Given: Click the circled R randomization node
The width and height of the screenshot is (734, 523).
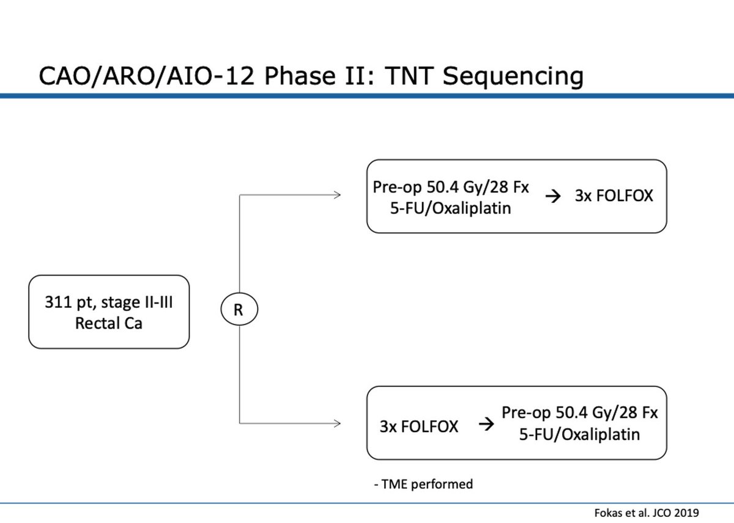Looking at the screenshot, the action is pos(239,309).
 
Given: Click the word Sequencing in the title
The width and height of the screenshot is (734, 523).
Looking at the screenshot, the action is pos(513,77).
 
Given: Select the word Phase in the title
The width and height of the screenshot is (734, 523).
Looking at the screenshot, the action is pos(300,76).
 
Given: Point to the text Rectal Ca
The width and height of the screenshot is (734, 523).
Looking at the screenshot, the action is pos(109,323).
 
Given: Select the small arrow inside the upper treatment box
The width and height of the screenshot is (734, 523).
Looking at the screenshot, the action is pos(553,196).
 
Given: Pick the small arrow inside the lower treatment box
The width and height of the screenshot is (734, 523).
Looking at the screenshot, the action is pos(486,425).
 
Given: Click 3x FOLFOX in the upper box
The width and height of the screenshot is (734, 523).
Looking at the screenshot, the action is pos(614,196).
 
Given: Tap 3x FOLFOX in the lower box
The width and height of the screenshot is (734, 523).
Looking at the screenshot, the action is pos(419,426).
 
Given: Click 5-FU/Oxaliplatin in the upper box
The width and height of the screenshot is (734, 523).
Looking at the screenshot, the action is pos(450,208).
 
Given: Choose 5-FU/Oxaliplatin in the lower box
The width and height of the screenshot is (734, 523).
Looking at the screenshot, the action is pos(579,434).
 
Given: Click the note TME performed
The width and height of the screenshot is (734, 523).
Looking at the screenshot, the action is pos(423,484).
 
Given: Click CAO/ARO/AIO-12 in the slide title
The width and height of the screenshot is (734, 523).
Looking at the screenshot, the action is pos(146,76).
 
